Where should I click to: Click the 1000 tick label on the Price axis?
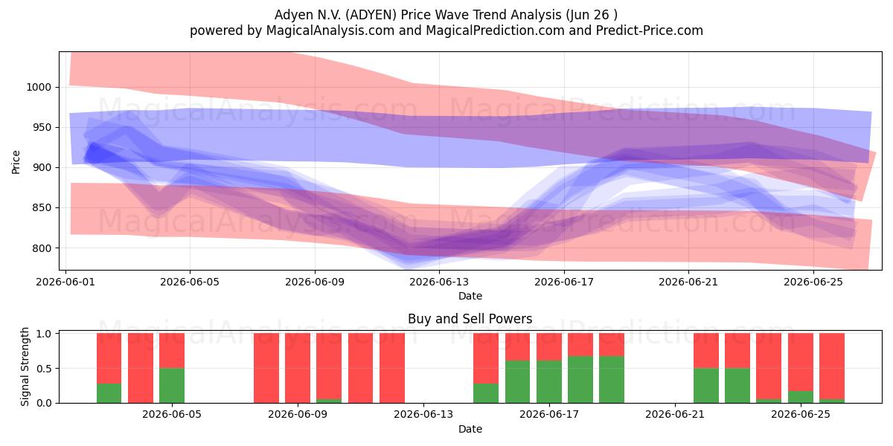click(x=39, y=87)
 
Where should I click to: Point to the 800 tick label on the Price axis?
click(x=42, y=248)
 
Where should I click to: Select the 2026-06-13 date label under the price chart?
click(x=439, y=282)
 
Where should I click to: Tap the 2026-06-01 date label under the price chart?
click(x=65, y=282)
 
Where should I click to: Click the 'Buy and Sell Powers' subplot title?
click(x=470, y=319)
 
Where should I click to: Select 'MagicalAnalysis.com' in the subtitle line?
click(x=330, y=30)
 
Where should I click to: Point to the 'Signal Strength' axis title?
click(x=25, y=366)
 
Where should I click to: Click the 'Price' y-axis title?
click(x=16, y=162)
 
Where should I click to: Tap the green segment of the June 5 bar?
click(x=172, y=386)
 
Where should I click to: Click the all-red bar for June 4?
click(x=141, y=368)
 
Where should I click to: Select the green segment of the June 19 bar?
click(x=612, y=380)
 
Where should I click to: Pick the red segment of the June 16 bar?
click(x=517, y=347)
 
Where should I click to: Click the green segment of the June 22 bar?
click(x=706, y=386)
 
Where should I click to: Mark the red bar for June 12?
click(x=392, y=368)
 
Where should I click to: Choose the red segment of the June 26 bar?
click(x=832, y=366)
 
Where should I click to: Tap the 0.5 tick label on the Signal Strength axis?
click(x=44, y=369)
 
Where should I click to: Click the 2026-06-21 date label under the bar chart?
click(x=675, y=415)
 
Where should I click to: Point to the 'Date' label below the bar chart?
click(x=470, y=430)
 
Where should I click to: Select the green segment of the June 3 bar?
click(x=109, y=393)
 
